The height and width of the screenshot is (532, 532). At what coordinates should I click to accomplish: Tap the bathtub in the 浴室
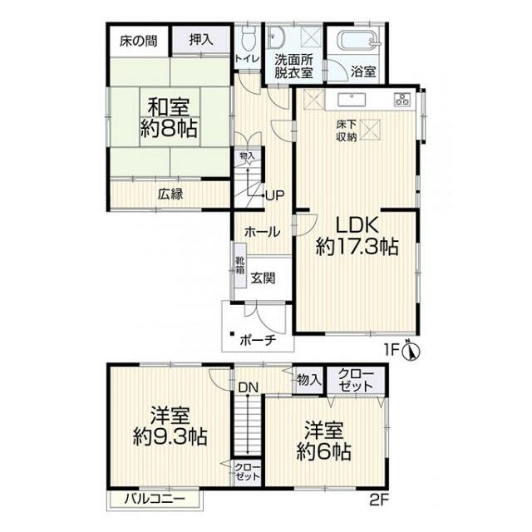coord(360,41)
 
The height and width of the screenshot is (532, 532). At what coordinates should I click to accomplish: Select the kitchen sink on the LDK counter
coord(352,101)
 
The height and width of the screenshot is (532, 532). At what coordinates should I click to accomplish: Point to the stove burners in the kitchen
coord(402,99)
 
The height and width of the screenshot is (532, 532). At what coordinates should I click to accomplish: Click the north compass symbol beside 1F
coord(411,350)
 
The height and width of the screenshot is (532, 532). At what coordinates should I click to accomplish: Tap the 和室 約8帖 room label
coord(169,117)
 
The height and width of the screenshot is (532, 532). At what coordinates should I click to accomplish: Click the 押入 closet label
coord(201,41)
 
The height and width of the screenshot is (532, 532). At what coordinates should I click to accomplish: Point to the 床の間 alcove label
coord(139,41)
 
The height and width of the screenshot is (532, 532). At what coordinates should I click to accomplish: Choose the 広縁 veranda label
coord(170,194)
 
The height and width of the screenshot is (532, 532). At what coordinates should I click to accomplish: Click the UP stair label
coord(275,195)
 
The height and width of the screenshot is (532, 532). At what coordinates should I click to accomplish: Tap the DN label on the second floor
coord(249,387)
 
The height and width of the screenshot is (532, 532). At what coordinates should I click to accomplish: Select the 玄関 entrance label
coord(263,278)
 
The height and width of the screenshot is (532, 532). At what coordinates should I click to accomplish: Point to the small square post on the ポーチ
coord(232,334)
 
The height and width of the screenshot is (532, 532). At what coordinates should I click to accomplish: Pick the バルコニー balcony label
coord(155,499)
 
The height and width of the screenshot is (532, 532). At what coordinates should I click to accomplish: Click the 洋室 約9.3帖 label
coord(170,426)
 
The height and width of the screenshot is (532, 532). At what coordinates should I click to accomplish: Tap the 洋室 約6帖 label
coord(323,441)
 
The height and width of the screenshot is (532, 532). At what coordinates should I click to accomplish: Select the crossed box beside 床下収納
coord(370,130)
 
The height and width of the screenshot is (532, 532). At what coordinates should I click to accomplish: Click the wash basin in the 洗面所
coord(275,37)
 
